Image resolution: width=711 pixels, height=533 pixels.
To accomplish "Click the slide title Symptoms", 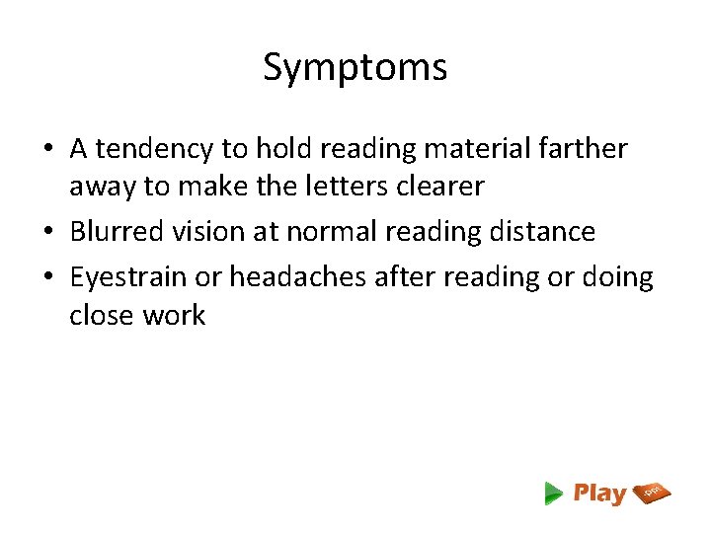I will pyautogui.click(x=355, y=68).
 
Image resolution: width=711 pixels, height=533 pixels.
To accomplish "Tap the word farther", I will pyautogui.click(x=585, y=149).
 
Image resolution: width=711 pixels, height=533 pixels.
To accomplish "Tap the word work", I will pyautogui.click(x=173, y=316).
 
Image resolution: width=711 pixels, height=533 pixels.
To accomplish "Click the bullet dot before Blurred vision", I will pyautogui.click(x=48, y=233).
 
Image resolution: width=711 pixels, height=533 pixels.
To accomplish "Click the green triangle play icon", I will pyautogui.click(x=553, y=494).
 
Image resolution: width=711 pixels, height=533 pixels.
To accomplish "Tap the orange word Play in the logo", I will pyautogui.click(x=599, y=494).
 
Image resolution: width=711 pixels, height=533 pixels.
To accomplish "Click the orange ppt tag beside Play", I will pyautogui.click(x=653, y=492).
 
